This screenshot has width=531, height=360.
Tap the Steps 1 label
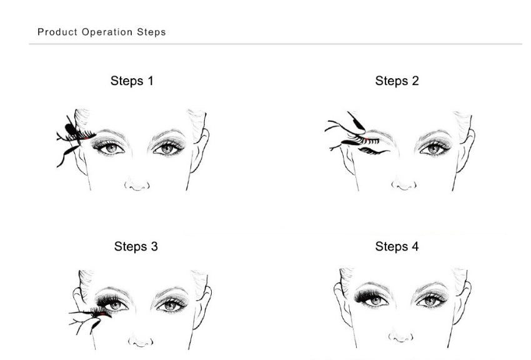(132, 81)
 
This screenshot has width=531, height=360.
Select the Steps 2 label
(397, 81)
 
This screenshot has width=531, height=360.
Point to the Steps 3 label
(136, 246)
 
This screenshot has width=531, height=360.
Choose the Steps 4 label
(397, 246)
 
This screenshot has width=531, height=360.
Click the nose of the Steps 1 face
(137, 185)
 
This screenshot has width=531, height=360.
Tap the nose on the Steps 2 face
(404, 184)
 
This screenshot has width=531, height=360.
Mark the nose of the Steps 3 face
(140, 341)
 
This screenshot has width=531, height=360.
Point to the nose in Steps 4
(400, 337)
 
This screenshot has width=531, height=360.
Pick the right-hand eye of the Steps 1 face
(167, 148)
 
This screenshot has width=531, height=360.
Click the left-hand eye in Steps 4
(374, 301)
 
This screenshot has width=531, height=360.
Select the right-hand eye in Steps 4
(430, 301)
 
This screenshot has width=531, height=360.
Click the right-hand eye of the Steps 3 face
(169, 304)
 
